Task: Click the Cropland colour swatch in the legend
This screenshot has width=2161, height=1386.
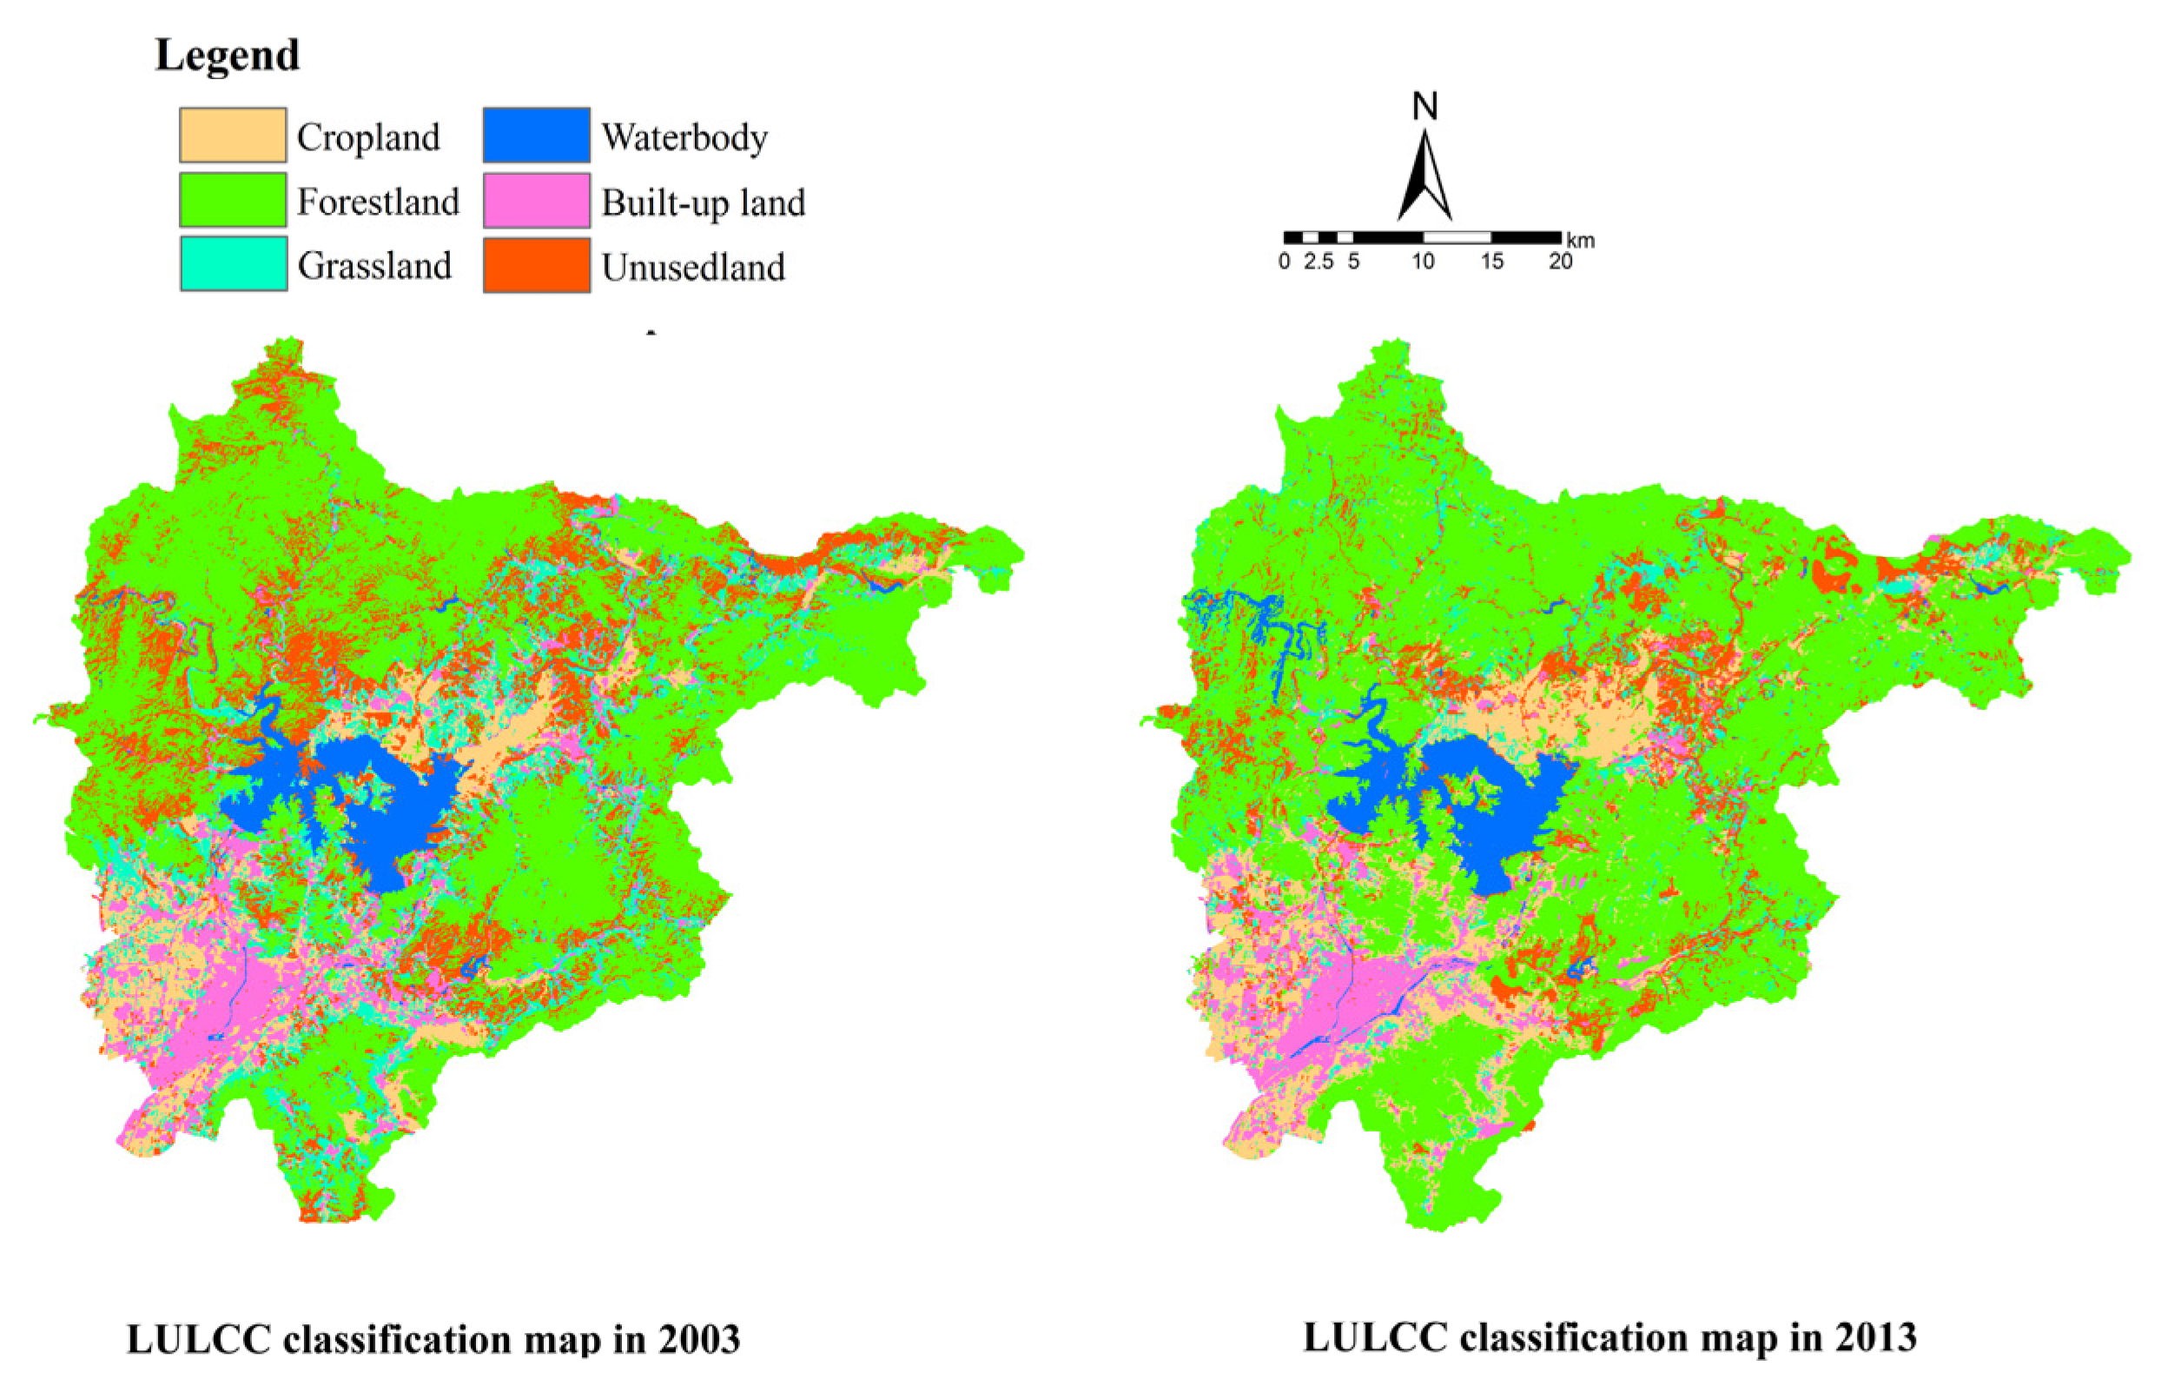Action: click(233, 135)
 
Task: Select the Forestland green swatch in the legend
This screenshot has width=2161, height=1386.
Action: click(233, 200)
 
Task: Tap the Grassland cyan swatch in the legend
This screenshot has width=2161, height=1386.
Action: click(234, 263)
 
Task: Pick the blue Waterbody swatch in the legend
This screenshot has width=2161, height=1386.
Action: click(537, 135)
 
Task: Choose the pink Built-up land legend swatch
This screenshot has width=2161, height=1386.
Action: click(537, 200)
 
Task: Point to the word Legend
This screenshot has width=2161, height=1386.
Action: click(228, 56)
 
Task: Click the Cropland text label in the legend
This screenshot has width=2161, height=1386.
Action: click(369, 137)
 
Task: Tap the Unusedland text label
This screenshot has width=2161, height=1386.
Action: click(694, 268)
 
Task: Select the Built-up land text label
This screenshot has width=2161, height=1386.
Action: click(704, 202)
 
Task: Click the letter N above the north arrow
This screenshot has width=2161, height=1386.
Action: click(1425, 107)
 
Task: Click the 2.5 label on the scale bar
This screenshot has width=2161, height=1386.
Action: click(1318, 262)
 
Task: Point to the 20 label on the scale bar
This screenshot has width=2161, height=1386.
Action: click(1561, 262)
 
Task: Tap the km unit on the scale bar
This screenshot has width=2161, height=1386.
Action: click(1581, 242)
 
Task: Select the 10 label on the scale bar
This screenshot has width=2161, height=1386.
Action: click(1424, 262)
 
